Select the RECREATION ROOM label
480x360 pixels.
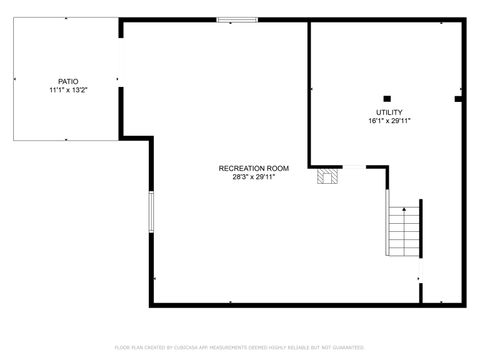tap(254, 168)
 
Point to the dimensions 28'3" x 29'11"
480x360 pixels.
tap(254, 177)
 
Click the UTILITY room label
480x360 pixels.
tap(389, 112)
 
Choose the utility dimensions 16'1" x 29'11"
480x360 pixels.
tap(389, 121)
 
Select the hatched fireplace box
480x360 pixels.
tap(328, 177)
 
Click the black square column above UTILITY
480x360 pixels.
tap(388, 98)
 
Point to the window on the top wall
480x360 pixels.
tap(237, 19)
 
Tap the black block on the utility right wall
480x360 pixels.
tap(459, 99)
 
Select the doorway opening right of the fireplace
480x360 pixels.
tap(355, 167)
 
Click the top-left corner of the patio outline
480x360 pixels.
tap(13, 19)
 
